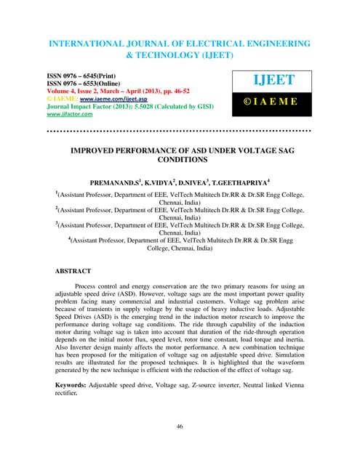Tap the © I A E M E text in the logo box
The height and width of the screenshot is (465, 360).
coord(271,113)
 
